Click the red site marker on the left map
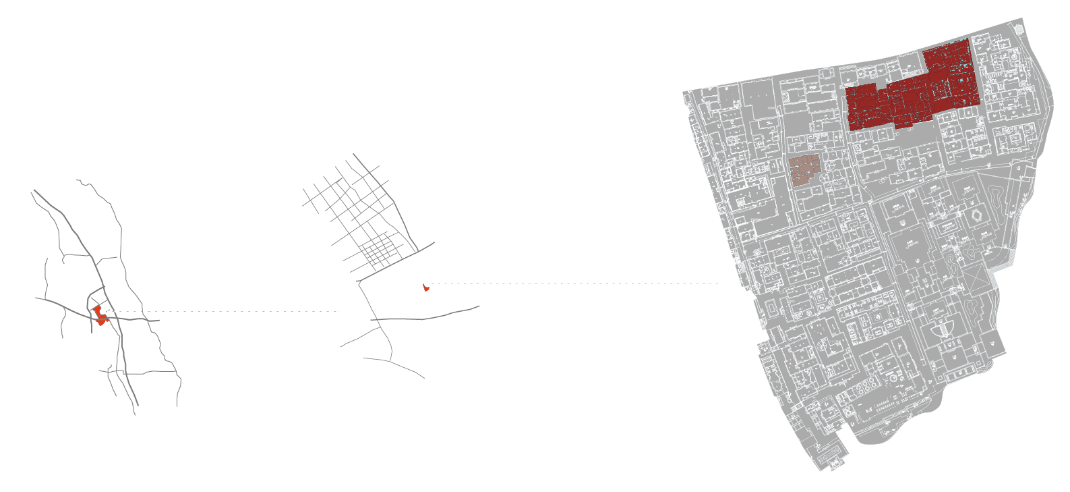click(x=98, y=312)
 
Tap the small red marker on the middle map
click(x=425, y=288)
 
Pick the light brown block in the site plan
click(x=805, y=169)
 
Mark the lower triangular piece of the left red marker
click(x=101, y=323)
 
